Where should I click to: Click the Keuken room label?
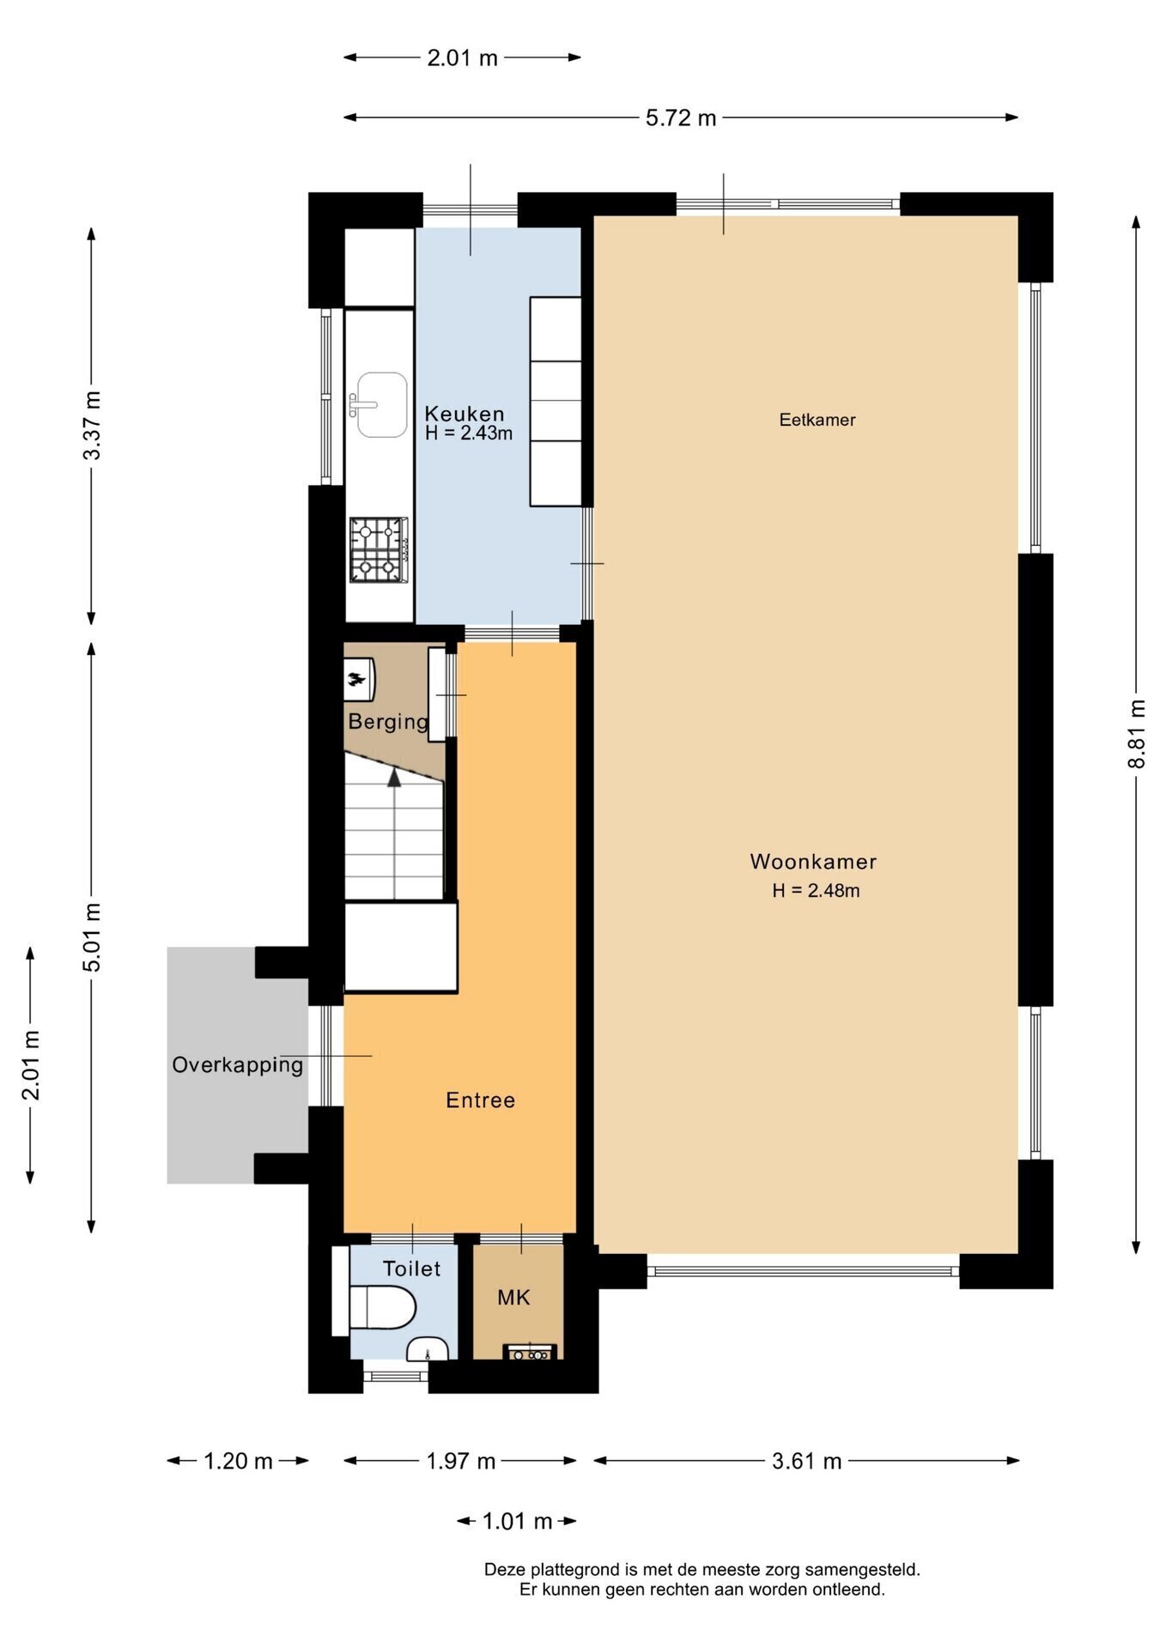coord(465,414)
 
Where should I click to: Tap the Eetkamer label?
coord(817,420)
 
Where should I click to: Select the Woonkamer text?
coord(813,862)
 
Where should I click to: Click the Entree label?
coord(481,1100)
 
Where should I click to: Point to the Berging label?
coord(388,722)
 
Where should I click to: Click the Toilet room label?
coord(411,1269)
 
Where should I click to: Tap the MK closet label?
coord(513,1298)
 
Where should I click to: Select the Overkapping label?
coord(238,1065)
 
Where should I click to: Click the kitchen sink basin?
coord(382,404)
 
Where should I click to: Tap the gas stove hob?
coord(378,549)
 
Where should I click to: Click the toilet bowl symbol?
coord(383,1307)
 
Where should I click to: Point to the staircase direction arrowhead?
coord(394,777)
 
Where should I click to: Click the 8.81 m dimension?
coord(1137,734)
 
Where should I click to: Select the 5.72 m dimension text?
coord(681,118)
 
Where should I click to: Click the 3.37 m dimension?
coord(92,425)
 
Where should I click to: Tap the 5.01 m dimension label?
coord(92,937)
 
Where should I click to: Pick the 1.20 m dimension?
coord(238,1461)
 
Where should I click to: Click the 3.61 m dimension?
coord(806,1461)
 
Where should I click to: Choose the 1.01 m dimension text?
coord(517,1521)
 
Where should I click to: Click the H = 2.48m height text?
coord(816,891)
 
